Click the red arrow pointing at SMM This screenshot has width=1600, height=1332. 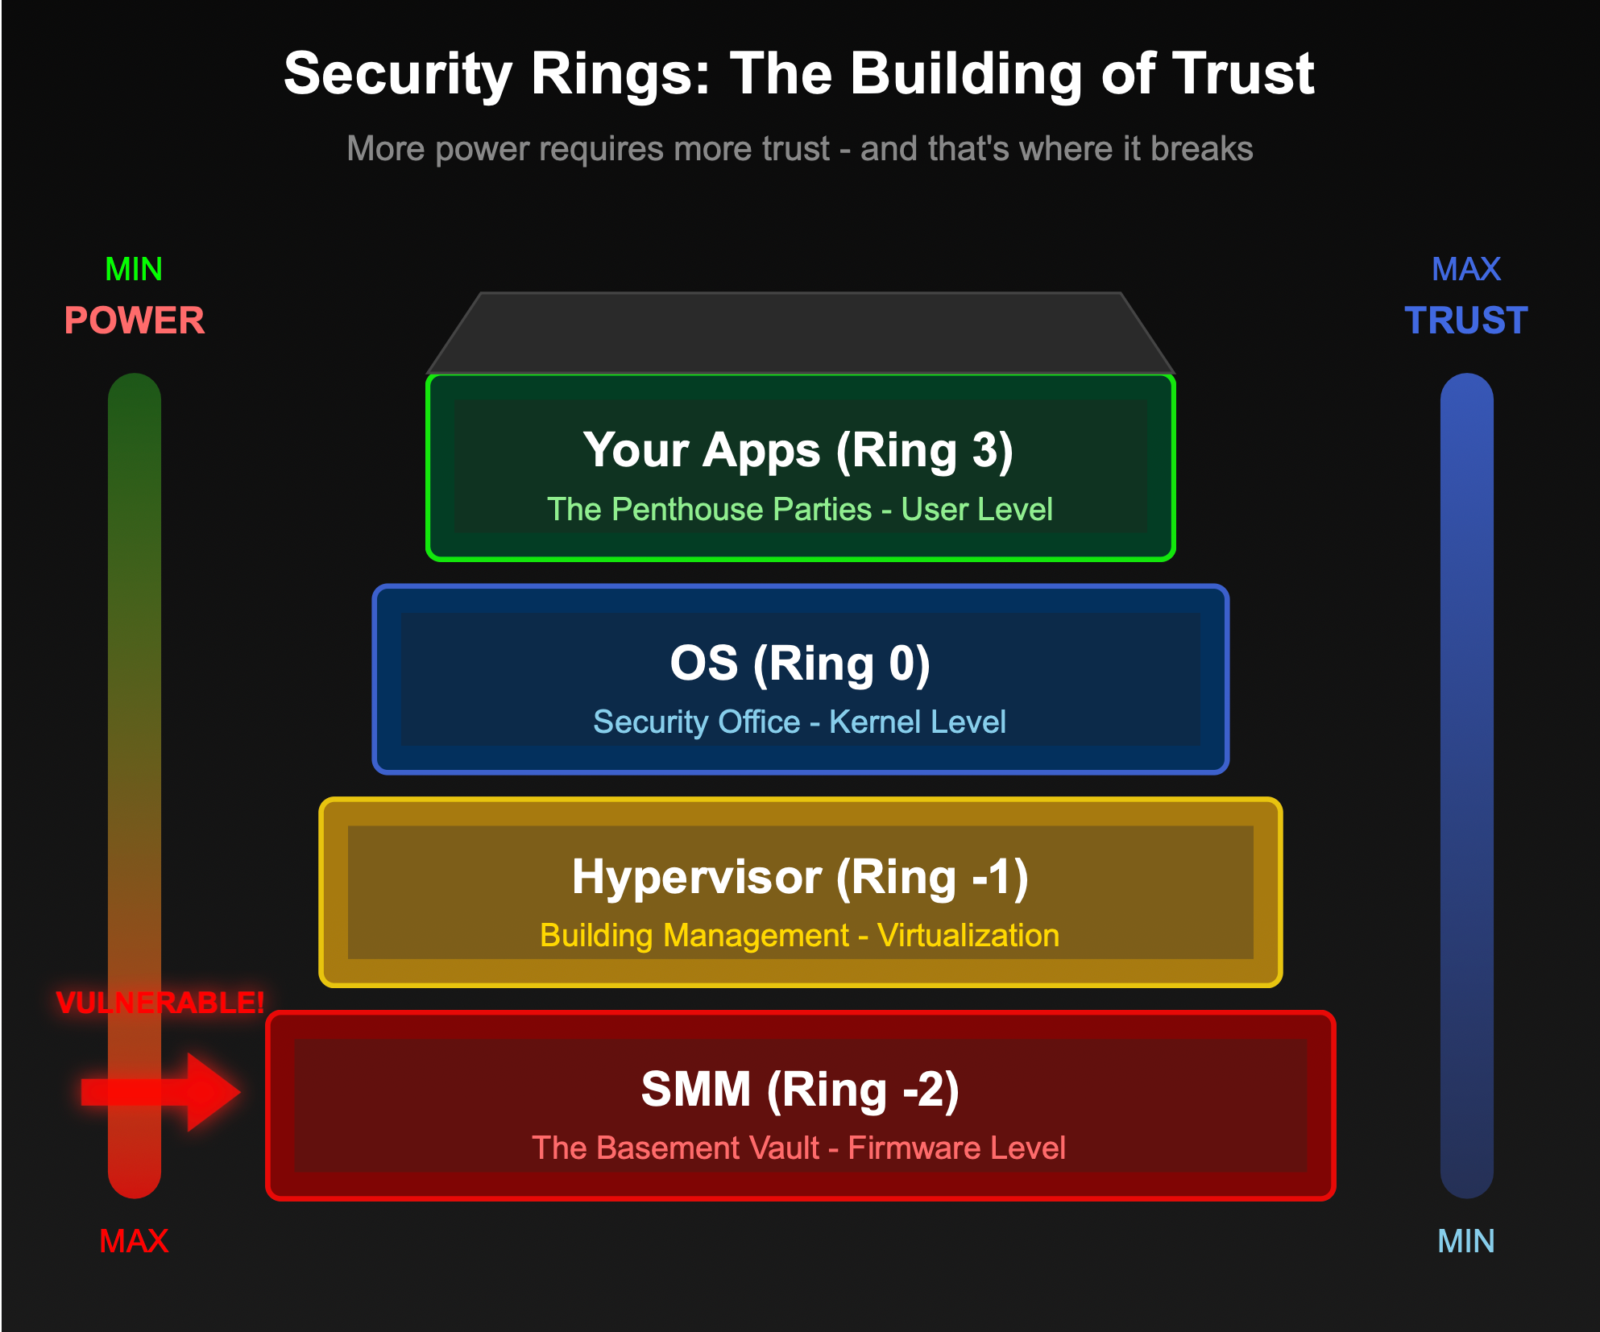pos(161,1092)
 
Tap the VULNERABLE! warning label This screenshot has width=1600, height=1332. pos(160,1003)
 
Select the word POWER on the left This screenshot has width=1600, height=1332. pos(135,321)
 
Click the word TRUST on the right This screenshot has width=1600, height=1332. pos(1465,321)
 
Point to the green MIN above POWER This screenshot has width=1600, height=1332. pos(134,269)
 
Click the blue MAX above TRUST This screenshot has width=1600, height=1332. pos(1465,269)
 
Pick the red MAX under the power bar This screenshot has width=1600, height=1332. pos(134,1241)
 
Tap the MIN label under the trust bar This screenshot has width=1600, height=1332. pos(1465,1241)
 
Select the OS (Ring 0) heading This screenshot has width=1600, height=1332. pos(800,664)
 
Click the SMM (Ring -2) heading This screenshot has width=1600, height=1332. pos(800,1090)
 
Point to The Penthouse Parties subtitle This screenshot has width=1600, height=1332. pos(709,509)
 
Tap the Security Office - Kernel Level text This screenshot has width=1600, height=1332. pos(799,722)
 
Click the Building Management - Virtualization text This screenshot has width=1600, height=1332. pos(799,935)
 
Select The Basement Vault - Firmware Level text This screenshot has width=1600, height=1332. pos(798,1148)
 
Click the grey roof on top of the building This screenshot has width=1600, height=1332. pos(800,333)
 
